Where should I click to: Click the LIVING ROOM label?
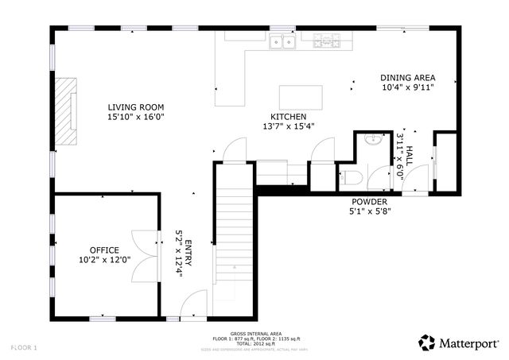[136, 106]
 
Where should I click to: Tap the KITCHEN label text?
[288, 115]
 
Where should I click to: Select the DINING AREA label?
[406, 78]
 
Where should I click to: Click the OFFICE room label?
[103, 249]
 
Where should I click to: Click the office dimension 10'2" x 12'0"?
[103, 259]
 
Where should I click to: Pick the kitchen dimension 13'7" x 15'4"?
[288, 126]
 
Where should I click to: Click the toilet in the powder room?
[351, 176]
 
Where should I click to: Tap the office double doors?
[142, 254]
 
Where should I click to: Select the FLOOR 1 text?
[24, 347]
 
